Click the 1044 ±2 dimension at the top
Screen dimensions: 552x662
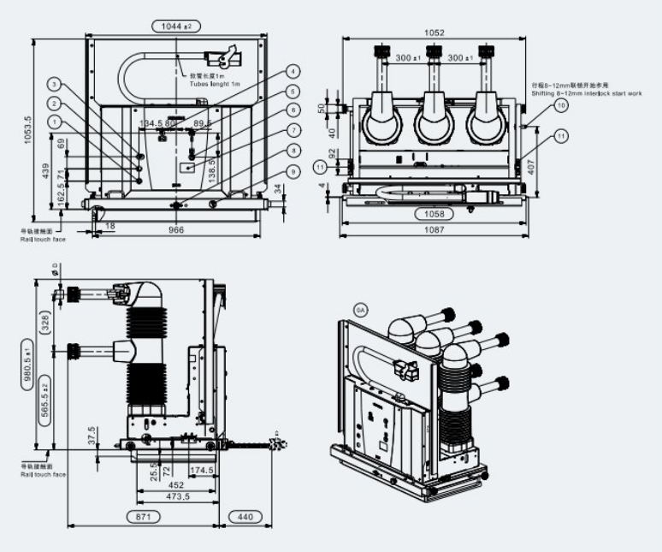click(175, 27)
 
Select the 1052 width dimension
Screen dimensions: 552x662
click(434, 33)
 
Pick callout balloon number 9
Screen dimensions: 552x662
click(293, 172)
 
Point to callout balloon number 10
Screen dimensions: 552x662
click(561, 105)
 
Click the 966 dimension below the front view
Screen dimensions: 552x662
click(176, 229)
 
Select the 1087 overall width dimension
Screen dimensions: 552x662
click(434, 229)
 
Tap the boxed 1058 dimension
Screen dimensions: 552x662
click(434, 213)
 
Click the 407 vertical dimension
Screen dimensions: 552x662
click(532, 168)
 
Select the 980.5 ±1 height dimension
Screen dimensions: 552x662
click(28, 365)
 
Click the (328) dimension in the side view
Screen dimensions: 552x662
click(45, 322)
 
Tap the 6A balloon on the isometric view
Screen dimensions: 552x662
click(359, 312)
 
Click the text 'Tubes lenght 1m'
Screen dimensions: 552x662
click(215, 83)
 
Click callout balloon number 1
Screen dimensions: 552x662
click(56, 122)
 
